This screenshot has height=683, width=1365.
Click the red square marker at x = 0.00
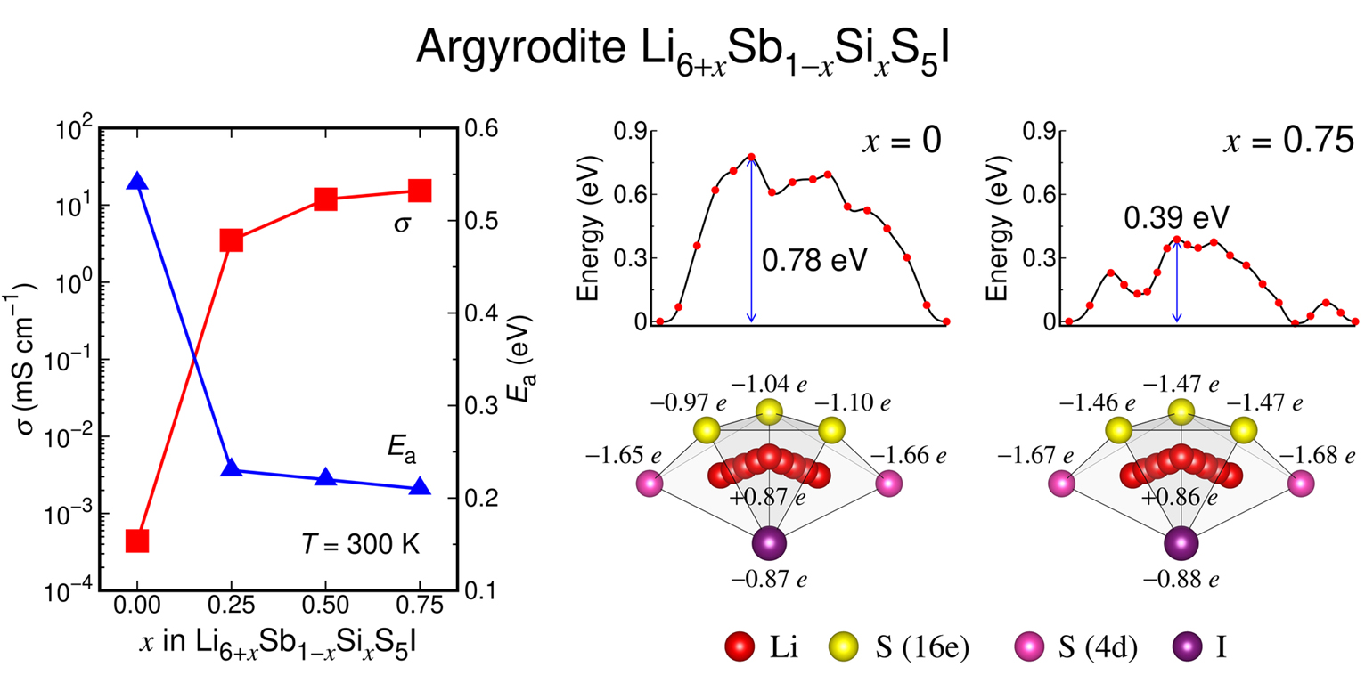click(x=137, y=541)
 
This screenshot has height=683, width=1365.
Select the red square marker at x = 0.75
click(x=420, y=191)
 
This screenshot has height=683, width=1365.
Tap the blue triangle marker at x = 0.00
click(x=137, y=181)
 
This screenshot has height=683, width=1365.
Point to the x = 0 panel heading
click(x=902, y=143)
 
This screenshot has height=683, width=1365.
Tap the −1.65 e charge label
click(x=624, y=457)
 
